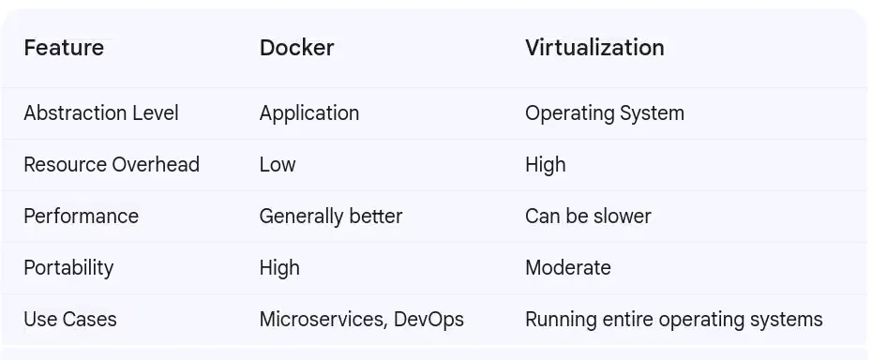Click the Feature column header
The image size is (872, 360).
(x=64, y=48)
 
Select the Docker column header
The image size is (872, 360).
(x=296, y=48)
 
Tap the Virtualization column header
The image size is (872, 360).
(x=594, y=48)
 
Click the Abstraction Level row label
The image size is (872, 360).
(x=100, y=113)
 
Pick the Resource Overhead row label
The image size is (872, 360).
(x=111, y=165)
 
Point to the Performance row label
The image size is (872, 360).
(x=81, y=217)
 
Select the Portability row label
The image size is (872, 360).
(x=68, y=268)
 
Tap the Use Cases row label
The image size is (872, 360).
(x=70, y=320)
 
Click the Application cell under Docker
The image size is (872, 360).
(x=308, y=113)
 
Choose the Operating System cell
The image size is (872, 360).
(x=604, y=113)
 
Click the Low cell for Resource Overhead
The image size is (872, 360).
(x=277, y=165)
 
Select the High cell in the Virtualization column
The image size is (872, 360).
(x=545, y=165)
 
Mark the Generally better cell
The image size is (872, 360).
(x=330, y=217)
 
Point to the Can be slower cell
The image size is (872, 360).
(x=587, y=217)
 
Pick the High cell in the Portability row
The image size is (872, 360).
(x=279, y=268)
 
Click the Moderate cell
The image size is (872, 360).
(x=567, y=268)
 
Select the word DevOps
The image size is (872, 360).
(x=428, y=320)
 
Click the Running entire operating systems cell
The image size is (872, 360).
(x=673, y=320)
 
